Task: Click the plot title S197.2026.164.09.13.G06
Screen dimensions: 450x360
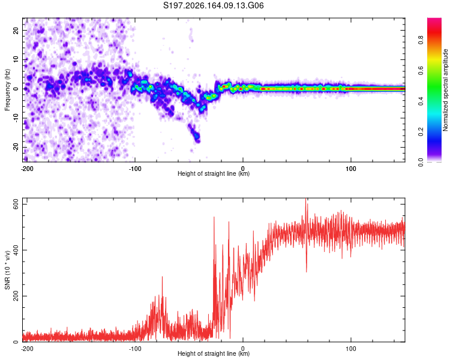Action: pyautogui.click(x=213, y=5)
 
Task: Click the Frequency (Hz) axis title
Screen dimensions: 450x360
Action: pyautogui.click(x=7, y=90)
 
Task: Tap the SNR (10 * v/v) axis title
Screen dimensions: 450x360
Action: pyautogui.click(x=7, y=270)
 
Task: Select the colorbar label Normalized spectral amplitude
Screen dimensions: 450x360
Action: pyautogui.click(x=445, y=90)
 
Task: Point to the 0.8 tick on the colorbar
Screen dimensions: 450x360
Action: pyautogui.click(x=421, y=40)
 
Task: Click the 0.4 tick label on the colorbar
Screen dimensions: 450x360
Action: pyautogui.click(x=421, y=101)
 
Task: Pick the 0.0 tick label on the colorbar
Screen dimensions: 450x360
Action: pyautogui.click(x=421, y=162)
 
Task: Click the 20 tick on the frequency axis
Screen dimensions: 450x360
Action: pyautogui.click(x=16, y=30)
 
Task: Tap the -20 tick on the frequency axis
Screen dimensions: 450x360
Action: pyautogui.click(x=16, y=147)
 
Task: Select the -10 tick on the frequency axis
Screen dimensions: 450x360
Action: pyautogui.click(x=16, y=118)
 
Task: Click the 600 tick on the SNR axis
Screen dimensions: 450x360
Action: pyautogui.click(x=16, y=204)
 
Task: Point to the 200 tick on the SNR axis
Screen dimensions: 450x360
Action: pyautogui.click(x=16, y=296)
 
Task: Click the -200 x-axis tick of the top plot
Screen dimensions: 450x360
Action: pyautogui.click(x=27, y=169)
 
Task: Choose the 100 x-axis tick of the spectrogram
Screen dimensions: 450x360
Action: pyautogui.click(x=351, y=169)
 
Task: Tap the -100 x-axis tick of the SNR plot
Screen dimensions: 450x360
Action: pyautogui.click(x=135, y=349)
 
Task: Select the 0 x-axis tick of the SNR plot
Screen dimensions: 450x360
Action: pyautogui.click(x=243, y=349)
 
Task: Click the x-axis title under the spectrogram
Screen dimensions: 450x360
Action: pyautogui.click(x=214, y=173)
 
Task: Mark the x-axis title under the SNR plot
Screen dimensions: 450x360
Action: pyautogui.click(x=214, y=353)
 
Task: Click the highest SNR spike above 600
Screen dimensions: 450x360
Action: pyautogui.click(x=305, y=200)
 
